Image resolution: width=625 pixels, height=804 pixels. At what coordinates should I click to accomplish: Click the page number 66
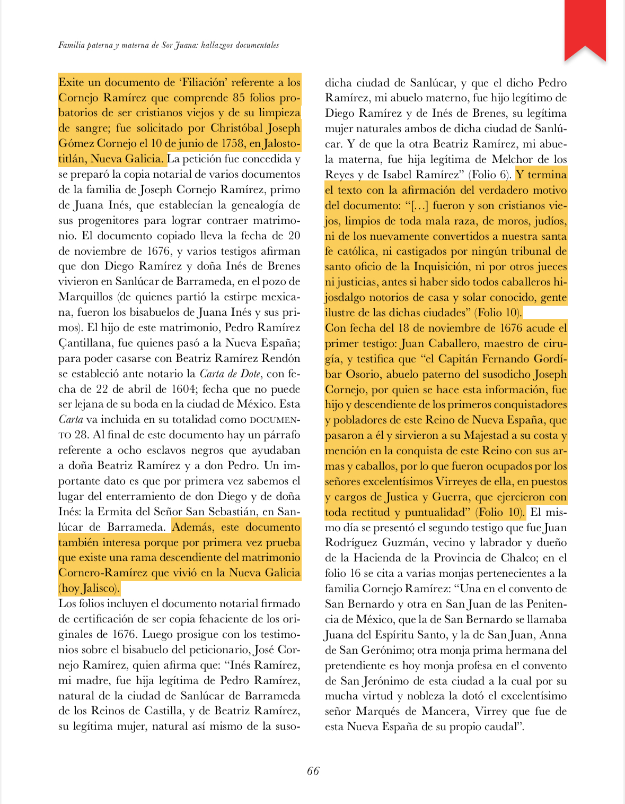click(x=313, y=771)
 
